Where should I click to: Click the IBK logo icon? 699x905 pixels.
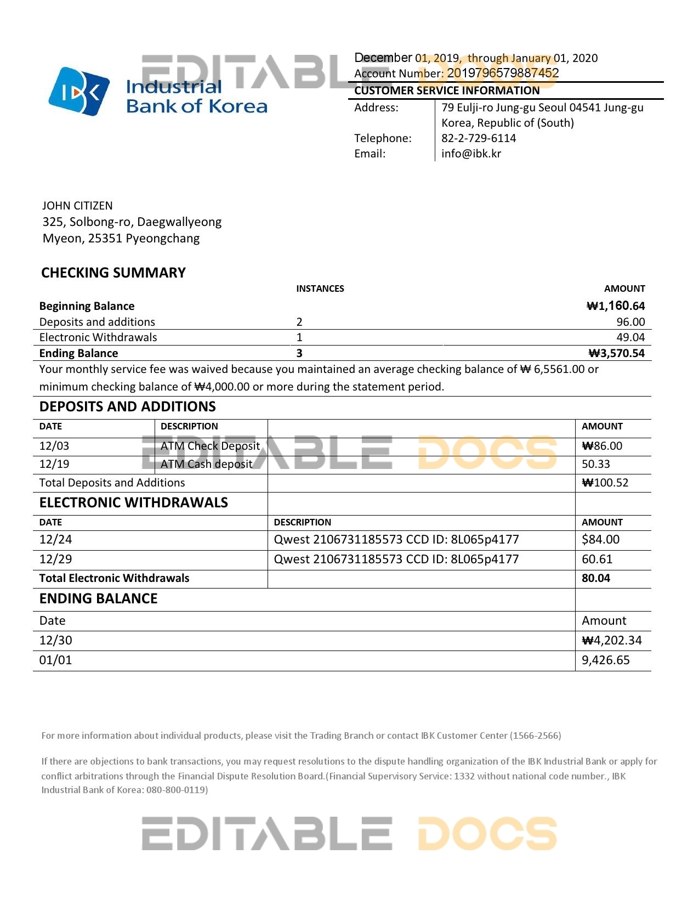[79, 92]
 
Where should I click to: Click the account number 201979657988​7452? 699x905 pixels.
[503, 73]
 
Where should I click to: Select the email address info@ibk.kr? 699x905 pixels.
[471, 154]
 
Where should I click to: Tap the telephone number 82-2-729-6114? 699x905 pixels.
[479, 138]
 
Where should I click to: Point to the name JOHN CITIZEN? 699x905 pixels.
[77, 206]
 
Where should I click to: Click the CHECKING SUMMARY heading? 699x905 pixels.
[113, 273]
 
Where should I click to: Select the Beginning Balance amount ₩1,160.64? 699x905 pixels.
[616, 306]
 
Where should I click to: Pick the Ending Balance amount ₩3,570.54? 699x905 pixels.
[616, 353]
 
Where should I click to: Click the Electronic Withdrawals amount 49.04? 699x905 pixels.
[630, 337]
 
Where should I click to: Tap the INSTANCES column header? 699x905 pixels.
[320, 289]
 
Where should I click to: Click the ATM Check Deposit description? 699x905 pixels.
[210, 446]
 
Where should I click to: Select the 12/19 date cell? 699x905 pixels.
[54, 464]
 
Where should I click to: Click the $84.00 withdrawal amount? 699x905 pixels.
[600, 540]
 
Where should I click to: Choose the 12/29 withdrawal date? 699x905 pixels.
[55, 559]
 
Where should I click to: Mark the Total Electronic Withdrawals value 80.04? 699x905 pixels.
[595, 578]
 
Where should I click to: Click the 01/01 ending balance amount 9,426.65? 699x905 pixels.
[605, 660]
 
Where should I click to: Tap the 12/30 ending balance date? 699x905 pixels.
[55, 641]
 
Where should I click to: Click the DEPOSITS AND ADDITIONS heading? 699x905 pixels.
[127, 406]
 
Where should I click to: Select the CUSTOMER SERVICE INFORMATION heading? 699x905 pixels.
[447, 90]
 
